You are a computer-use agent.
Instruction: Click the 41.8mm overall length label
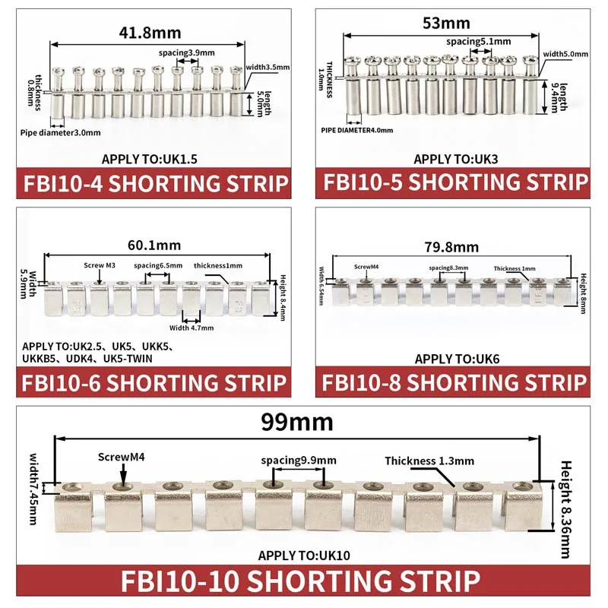pyautogui.click(x=150, y=33)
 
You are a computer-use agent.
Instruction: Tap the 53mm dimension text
pyautogui.click(x=446, y=24)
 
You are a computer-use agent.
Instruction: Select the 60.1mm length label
pyautogui.click(x=154, y=245)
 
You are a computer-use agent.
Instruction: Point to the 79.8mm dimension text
pyautogui.click(x=451, y=247)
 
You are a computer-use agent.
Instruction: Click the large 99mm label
pyautogui.click(x=297, y=422)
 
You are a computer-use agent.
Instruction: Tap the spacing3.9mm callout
pyautogui.click(x=186, y=52)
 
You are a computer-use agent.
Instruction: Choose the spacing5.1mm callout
pyautogui.click(x=479, y=42)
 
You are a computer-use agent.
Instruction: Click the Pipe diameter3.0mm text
pyautogui.click(x=61, y=132)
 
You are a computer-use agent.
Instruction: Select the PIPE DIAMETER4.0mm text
pyautogui.click(x=357, y=130)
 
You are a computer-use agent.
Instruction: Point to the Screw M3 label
pyautogui.click(x=100, y=265)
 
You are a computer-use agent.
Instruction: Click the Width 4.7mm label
pyautogui.click(x=192, y=328)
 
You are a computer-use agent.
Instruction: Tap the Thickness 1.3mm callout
pyautogui.click(x=429, y=461)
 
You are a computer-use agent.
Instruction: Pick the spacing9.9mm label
pyautogui.click(x=299, y=461)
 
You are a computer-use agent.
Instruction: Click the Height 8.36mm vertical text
pyautogui.click(x=566, y=509)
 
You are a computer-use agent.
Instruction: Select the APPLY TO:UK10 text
pyautogui.click(x=304, y=556)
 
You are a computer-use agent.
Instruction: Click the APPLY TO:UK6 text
pyautogui.click(x=458, y=359)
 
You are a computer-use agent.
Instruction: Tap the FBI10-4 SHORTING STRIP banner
pyautogui.click(x=154, y=183)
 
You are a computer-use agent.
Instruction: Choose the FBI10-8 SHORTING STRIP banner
pyautogui.click(x=453, y=382)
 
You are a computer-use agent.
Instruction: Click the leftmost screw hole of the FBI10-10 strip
pyautogui.click(x=72, y=487)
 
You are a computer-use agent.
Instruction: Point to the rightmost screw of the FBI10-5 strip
pyautogui.click(x=530, y=61)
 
